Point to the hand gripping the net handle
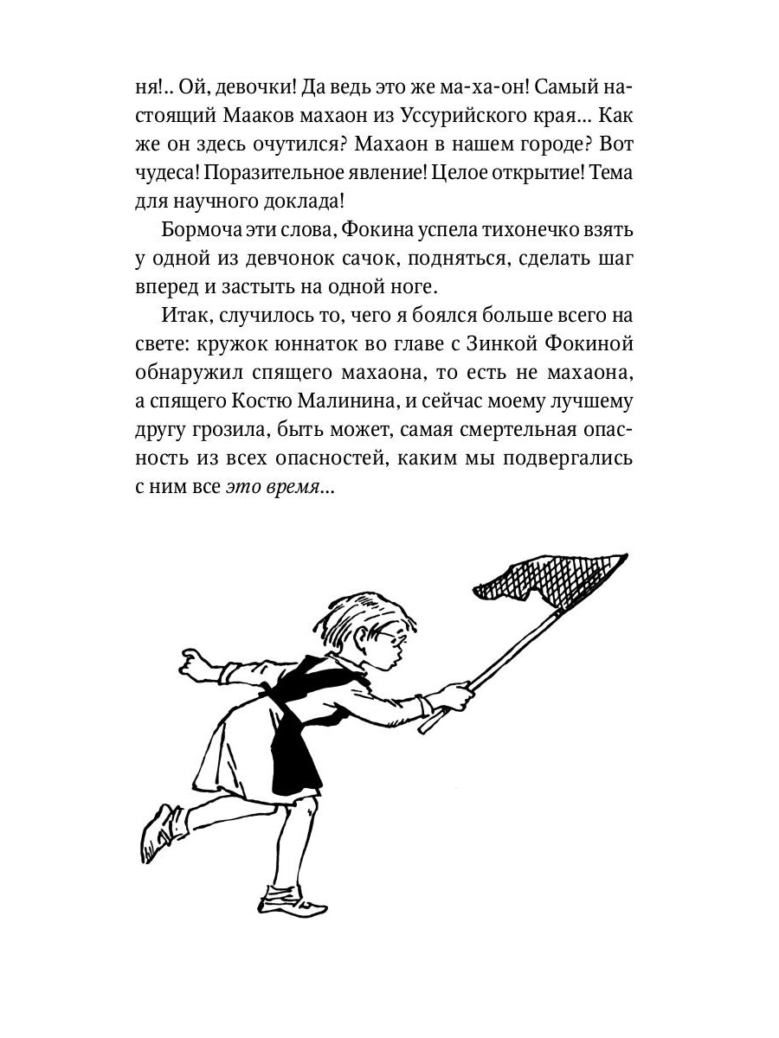click(455, 693)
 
